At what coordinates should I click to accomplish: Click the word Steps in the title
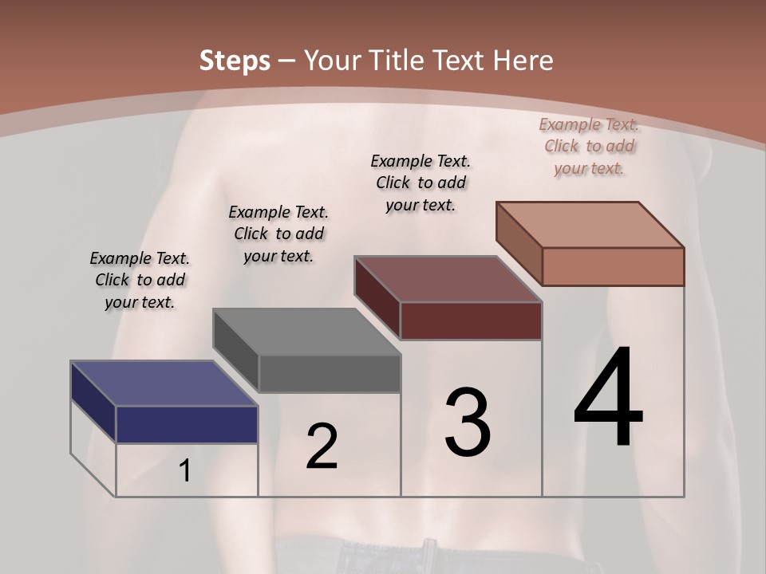[x=235, y=61]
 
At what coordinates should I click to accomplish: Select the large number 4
[x=608, y=398]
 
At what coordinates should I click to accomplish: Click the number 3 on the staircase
[x=468, y=423]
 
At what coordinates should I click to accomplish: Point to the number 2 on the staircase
[x=322, y=446]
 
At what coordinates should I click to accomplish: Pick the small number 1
[x=184, y=471]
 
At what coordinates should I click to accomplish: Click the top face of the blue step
[x=164, y=383]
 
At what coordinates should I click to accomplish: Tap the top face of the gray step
[x=306, y=332]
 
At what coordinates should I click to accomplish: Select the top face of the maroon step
[x=448, y=279]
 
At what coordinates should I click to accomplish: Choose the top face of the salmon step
[x=590, y=225]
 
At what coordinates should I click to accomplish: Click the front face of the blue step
[x=187, y=424]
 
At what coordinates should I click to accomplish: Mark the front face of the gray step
[x=330, y=374]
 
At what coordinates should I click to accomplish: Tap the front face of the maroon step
[x=471, y=320]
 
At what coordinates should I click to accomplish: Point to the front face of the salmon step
[x=613, y=266]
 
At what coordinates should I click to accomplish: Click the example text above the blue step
[x=140, y=281]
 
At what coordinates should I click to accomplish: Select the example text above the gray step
[x=278, y=234]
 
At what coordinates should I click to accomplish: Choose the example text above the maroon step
[x=421, y=183]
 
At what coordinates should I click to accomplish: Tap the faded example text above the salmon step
[x=589, y=147]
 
